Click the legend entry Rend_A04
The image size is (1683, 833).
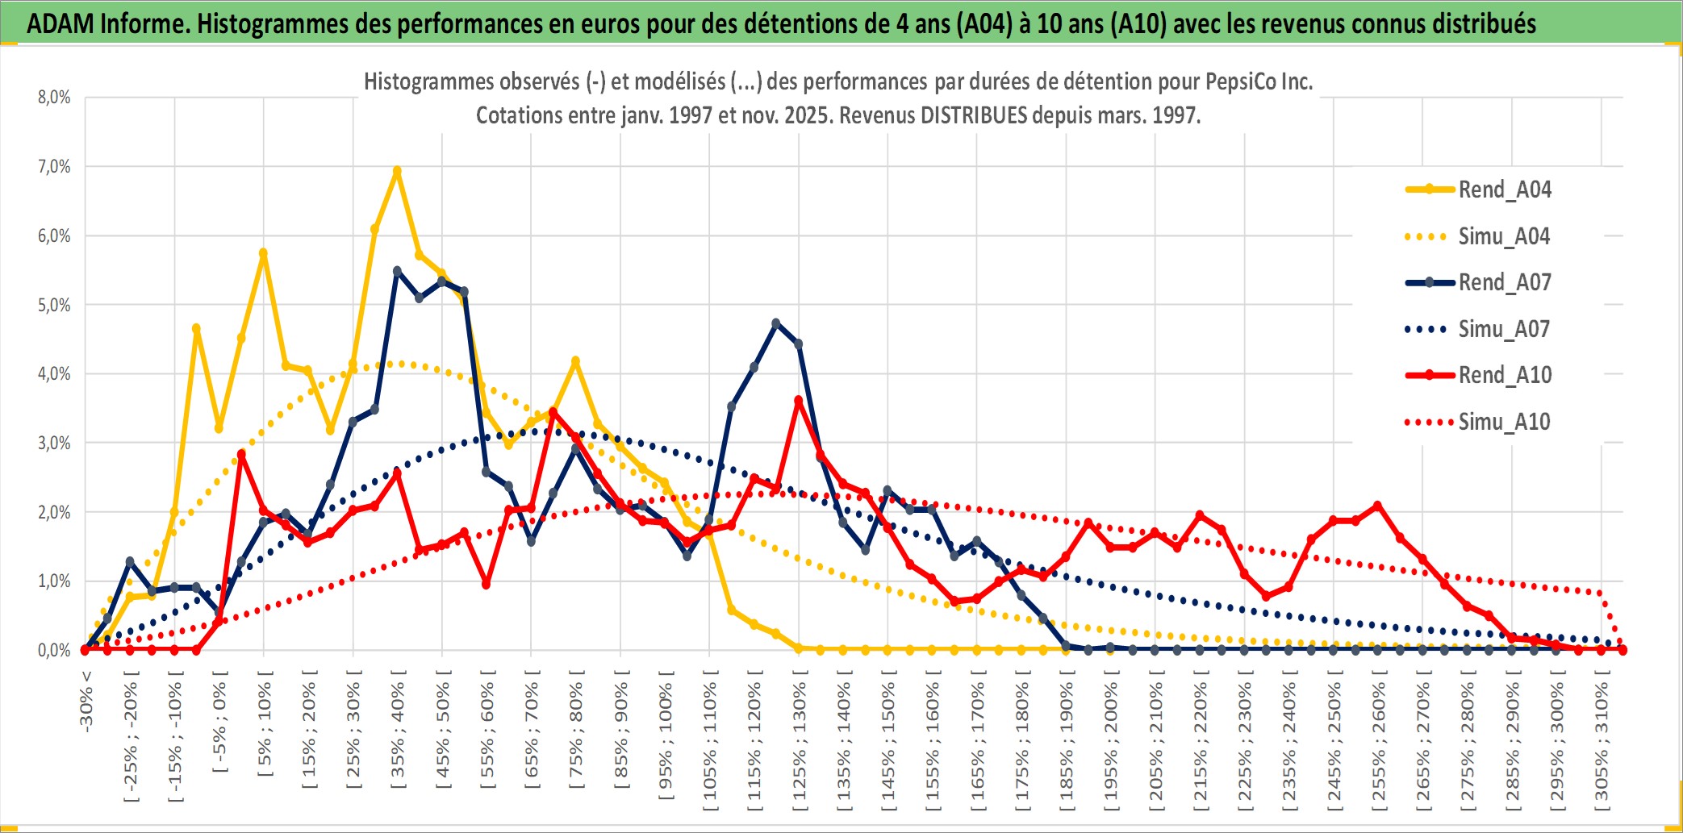tap(1504, 190)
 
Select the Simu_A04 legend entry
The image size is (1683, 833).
tap(1504, 236)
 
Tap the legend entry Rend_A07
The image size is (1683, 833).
tap(1504, 282)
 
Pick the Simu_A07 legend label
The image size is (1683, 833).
tap(1504, 329)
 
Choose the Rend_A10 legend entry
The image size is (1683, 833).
tap(1504, 375)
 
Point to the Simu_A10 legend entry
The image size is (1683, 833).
tap(1504, 422)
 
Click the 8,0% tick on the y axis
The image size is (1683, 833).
tap(54, 98)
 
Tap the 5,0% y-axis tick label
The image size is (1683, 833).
tap(54, 305)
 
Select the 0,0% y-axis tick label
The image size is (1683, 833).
tap(54, 650)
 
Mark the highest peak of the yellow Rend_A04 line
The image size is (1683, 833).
tap(397, 171)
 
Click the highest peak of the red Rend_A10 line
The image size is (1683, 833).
tap(799, 400)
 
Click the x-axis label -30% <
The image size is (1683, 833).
tap(86, 702)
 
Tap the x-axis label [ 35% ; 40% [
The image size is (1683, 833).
tap(398, 734)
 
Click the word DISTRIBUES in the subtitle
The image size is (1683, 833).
tap(974, 115)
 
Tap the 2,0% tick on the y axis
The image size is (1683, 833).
tap(54, 512)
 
